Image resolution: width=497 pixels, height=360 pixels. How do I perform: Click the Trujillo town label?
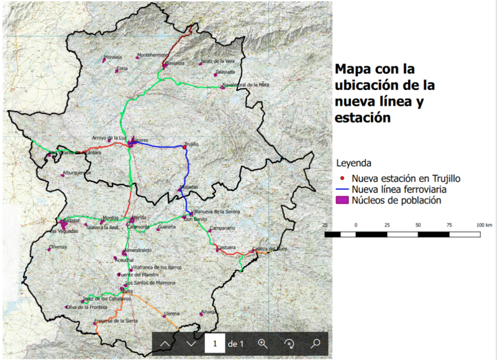pyautogui.click(x=191, y=143)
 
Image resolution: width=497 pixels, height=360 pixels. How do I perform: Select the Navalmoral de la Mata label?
pyautogui.click(x=247, y=84)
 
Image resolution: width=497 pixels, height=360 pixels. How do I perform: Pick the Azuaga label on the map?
pyautogui.click(x=209, y=311)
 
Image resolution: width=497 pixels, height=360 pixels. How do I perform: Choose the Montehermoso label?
pyautogui.click(x=153, y=55)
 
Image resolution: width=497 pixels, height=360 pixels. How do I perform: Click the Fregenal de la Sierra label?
pyautogui.click(x=116, y=320)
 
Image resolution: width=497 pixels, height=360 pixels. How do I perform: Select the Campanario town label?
pyautogui.click(x=222, y=228)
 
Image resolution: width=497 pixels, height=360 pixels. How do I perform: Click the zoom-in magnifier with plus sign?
pyautogui.click(x=262, y=343)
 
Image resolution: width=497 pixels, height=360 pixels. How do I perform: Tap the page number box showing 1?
pyautogui.click(x=214, y=343)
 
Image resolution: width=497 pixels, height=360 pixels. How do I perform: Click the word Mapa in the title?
pyautogui.click(x=355, y=68)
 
